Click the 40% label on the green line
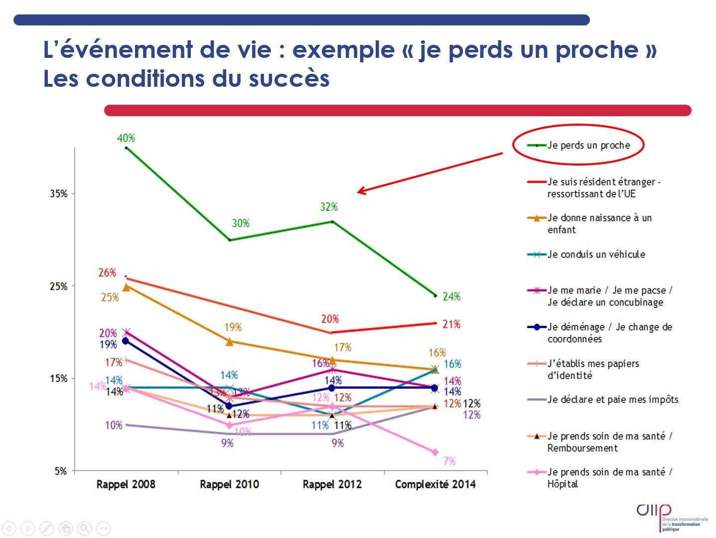pos(126,138)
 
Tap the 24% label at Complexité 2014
pos(451,297)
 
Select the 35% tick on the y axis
pos(58,193)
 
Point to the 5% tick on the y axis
pos(60,471)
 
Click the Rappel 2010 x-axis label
pos(229,484)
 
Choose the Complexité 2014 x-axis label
pos(435,484)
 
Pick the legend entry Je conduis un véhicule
pos(596,254)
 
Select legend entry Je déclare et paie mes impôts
pos(612,399)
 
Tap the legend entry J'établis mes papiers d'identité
pos(592,369)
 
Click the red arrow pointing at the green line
pos(429,173)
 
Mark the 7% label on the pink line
pos(449,461)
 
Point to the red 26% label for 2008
pos(107,273)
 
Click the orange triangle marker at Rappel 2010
pos(229,342)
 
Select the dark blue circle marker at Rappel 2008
pos(126,341)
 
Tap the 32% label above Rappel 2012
pos(329,207)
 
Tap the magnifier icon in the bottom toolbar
pos(85,528)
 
